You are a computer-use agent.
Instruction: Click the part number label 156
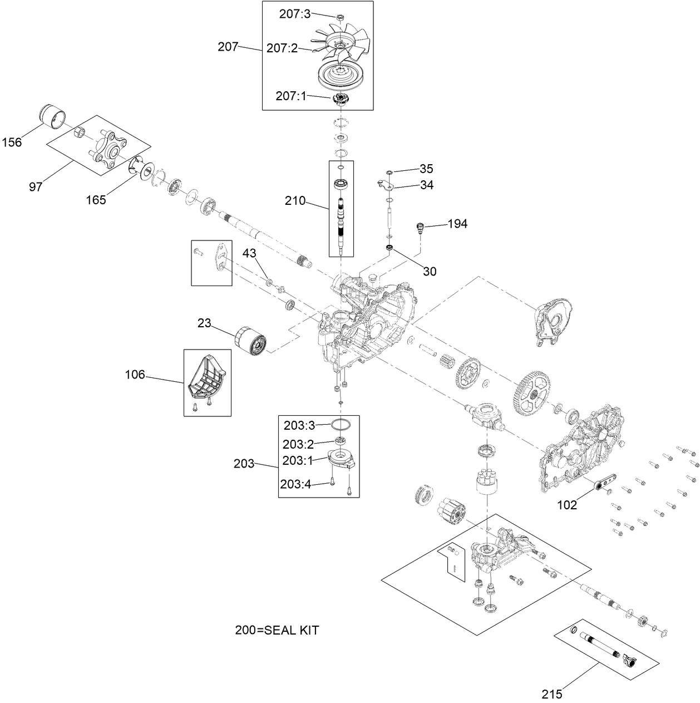(x=12, y=142)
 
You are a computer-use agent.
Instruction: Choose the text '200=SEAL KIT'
(x=277, y=630)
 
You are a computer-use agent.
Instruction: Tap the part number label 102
(x=567, y=505)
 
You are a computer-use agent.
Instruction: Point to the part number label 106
(x=135, y=375)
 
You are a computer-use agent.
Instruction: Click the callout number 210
(x=295, y=200)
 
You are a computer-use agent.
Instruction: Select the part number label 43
(x=249, y=253)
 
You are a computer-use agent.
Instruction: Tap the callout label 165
(x=96, y=200)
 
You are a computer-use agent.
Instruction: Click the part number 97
(x=36, y=186)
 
